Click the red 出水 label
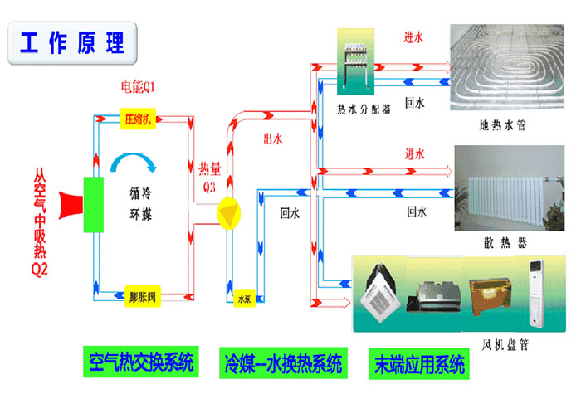272,139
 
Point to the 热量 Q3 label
209,178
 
